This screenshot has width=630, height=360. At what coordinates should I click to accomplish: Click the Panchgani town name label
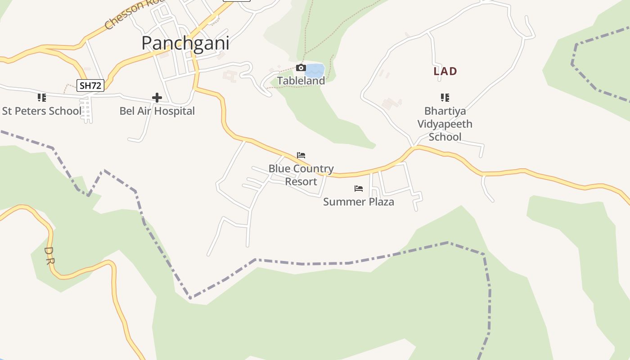point(185,43)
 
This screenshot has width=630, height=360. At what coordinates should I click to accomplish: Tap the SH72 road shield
point(90,85)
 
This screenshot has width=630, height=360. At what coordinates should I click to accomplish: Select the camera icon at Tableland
point(301,68)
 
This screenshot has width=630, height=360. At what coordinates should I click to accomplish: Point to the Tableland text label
point(301,81)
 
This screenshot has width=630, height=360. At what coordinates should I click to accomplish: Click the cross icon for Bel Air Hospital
point(157,98)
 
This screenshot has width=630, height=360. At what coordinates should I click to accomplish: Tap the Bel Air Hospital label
point(157,111)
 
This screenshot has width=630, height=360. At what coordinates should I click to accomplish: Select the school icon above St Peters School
point(42,98)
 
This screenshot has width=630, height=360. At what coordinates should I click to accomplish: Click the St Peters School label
point(42,111)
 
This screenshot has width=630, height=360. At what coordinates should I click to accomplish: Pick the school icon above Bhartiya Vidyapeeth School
point(445,98)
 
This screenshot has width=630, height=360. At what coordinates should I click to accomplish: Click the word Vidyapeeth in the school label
point(445,124)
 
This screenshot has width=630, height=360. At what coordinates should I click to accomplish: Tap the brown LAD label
point(445,71)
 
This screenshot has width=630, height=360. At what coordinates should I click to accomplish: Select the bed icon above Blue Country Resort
point(301,155)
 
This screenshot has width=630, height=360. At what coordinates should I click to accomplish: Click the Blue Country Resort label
point(301,175)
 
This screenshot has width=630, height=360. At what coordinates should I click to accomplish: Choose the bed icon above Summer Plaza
point(359,189)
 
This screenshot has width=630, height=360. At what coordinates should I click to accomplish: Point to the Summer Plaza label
point(359,202)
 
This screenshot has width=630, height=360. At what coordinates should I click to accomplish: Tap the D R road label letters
point(49,255)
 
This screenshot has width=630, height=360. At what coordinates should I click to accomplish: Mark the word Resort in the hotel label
point(301,182)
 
